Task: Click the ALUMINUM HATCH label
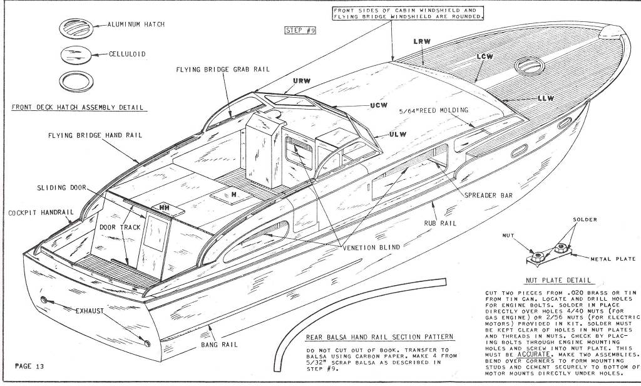pos(136,24)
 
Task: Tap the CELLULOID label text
pos(127,54)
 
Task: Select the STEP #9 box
pos(300,30)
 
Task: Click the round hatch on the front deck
pos(530,66)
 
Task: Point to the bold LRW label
pos(422,41)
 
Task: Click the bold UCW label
pos(379,105)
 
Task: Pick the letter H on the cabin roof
pos(233,195)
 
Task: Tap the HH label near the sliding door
pos(165,208)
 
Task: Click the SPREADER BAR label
pos(488,196)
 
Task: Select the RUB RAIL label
pos(440,223)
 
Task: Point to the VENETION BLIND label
pos(371,247)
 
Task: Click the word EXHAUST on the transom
pos(90,311)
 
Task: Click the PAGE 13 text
pos(29,366)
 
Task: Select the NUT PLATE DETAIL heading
pos(558,280)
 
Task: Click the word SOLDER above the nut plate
pos(585,219)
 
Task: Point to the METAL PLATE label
pos(613,259)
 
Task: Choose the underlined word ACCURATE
pos(534,354)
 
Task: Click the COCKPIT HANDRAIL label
pos(41,212)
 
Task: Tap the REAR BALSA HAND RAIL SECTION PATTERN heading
pos(380,337)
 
